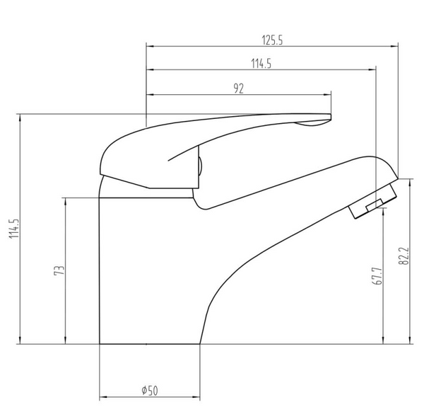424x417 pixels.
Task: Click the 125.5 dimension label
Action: click(x=271, y=40)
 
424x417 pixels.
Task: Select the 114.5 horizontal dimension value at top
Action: click(x=261, y=64)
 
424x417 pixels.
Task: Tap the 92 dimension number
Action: click(x=238, y=88)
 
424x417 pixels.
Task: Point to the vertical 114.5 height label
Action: click(x=12, y=229)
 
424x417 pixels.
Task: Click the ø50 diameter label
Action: click(x=149, y=390)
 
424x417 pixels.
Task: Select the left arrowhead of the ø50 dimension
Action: click(x=101, y=397)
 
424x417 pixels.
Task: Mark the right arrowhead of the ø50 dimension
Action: click(x=199, y=397)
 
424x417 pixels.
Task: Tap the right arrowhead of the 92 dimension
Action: click(x=329, y=94)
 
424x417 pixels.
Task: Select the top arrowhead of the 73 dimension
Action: click(x=66, y=199)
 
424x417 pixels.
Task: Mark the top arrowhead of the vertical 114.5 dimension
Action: click(x=19, y=115)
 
